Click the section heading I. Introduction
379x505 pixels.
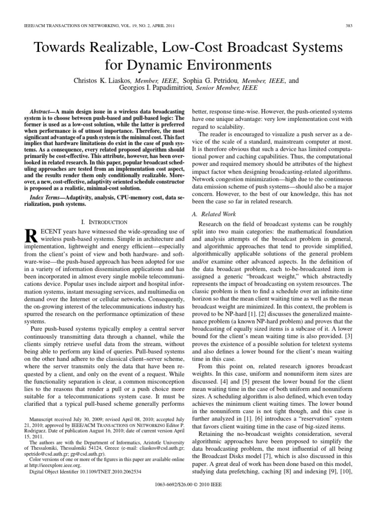click(104, 222)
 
